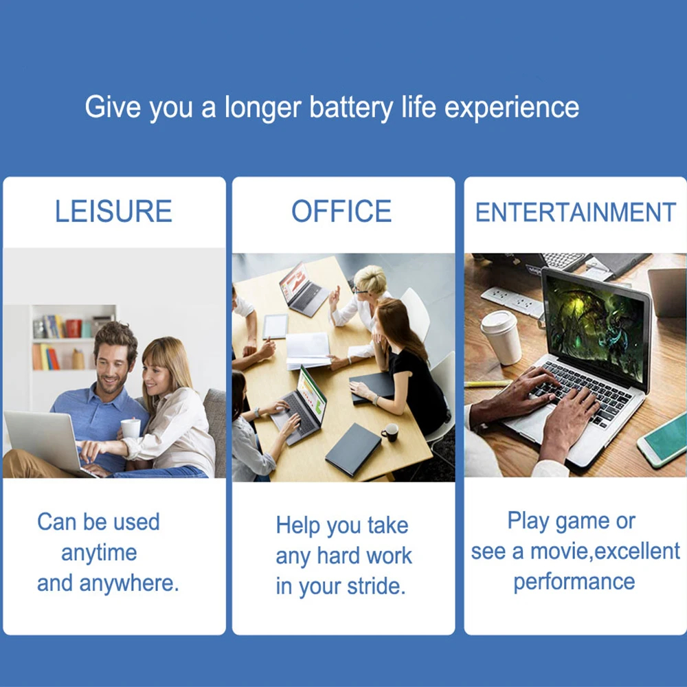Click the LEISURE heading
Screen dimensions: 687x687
[113, 211]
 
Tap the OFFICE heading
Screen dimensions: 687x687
[341, 211]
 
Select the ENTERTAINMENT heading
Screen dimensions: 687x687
[575, 212]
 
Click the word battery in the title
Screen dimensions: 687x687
[351, 108]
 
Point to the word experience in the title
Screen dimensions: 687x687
[512, 108]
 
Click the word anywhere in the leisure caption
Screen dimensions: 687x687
[129, 584]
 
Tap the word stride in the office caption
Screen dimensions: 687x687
[376, 586]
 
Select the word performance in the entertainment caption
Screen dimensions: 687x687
[574, 583]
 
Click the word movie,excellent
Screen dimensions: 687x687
[605, 551]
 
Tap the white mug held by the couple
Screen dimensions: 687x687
[131, 428]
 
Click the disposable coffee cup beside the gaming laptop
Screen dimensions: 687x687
[502, 337]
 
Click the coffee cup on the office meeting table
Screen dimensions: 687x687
[390, 432]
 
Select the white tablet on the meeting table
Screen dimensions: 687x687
[275, 326]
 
